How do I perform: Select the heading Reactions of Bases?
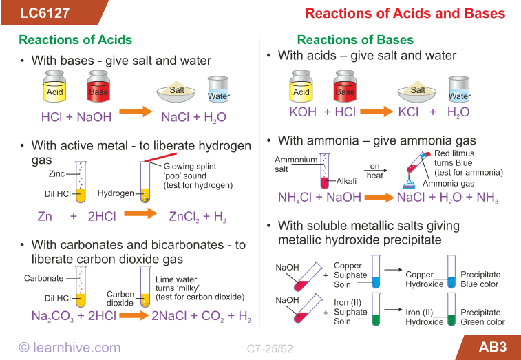pos(355,40)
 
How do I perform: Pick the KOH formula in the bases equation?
pos(302,112)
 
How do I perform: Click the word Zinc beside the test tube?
pos(57,174)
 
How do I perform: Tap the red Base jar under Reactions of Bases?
pos(345,88)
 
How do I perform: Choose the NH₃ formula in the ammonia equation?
pos(487,198)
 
